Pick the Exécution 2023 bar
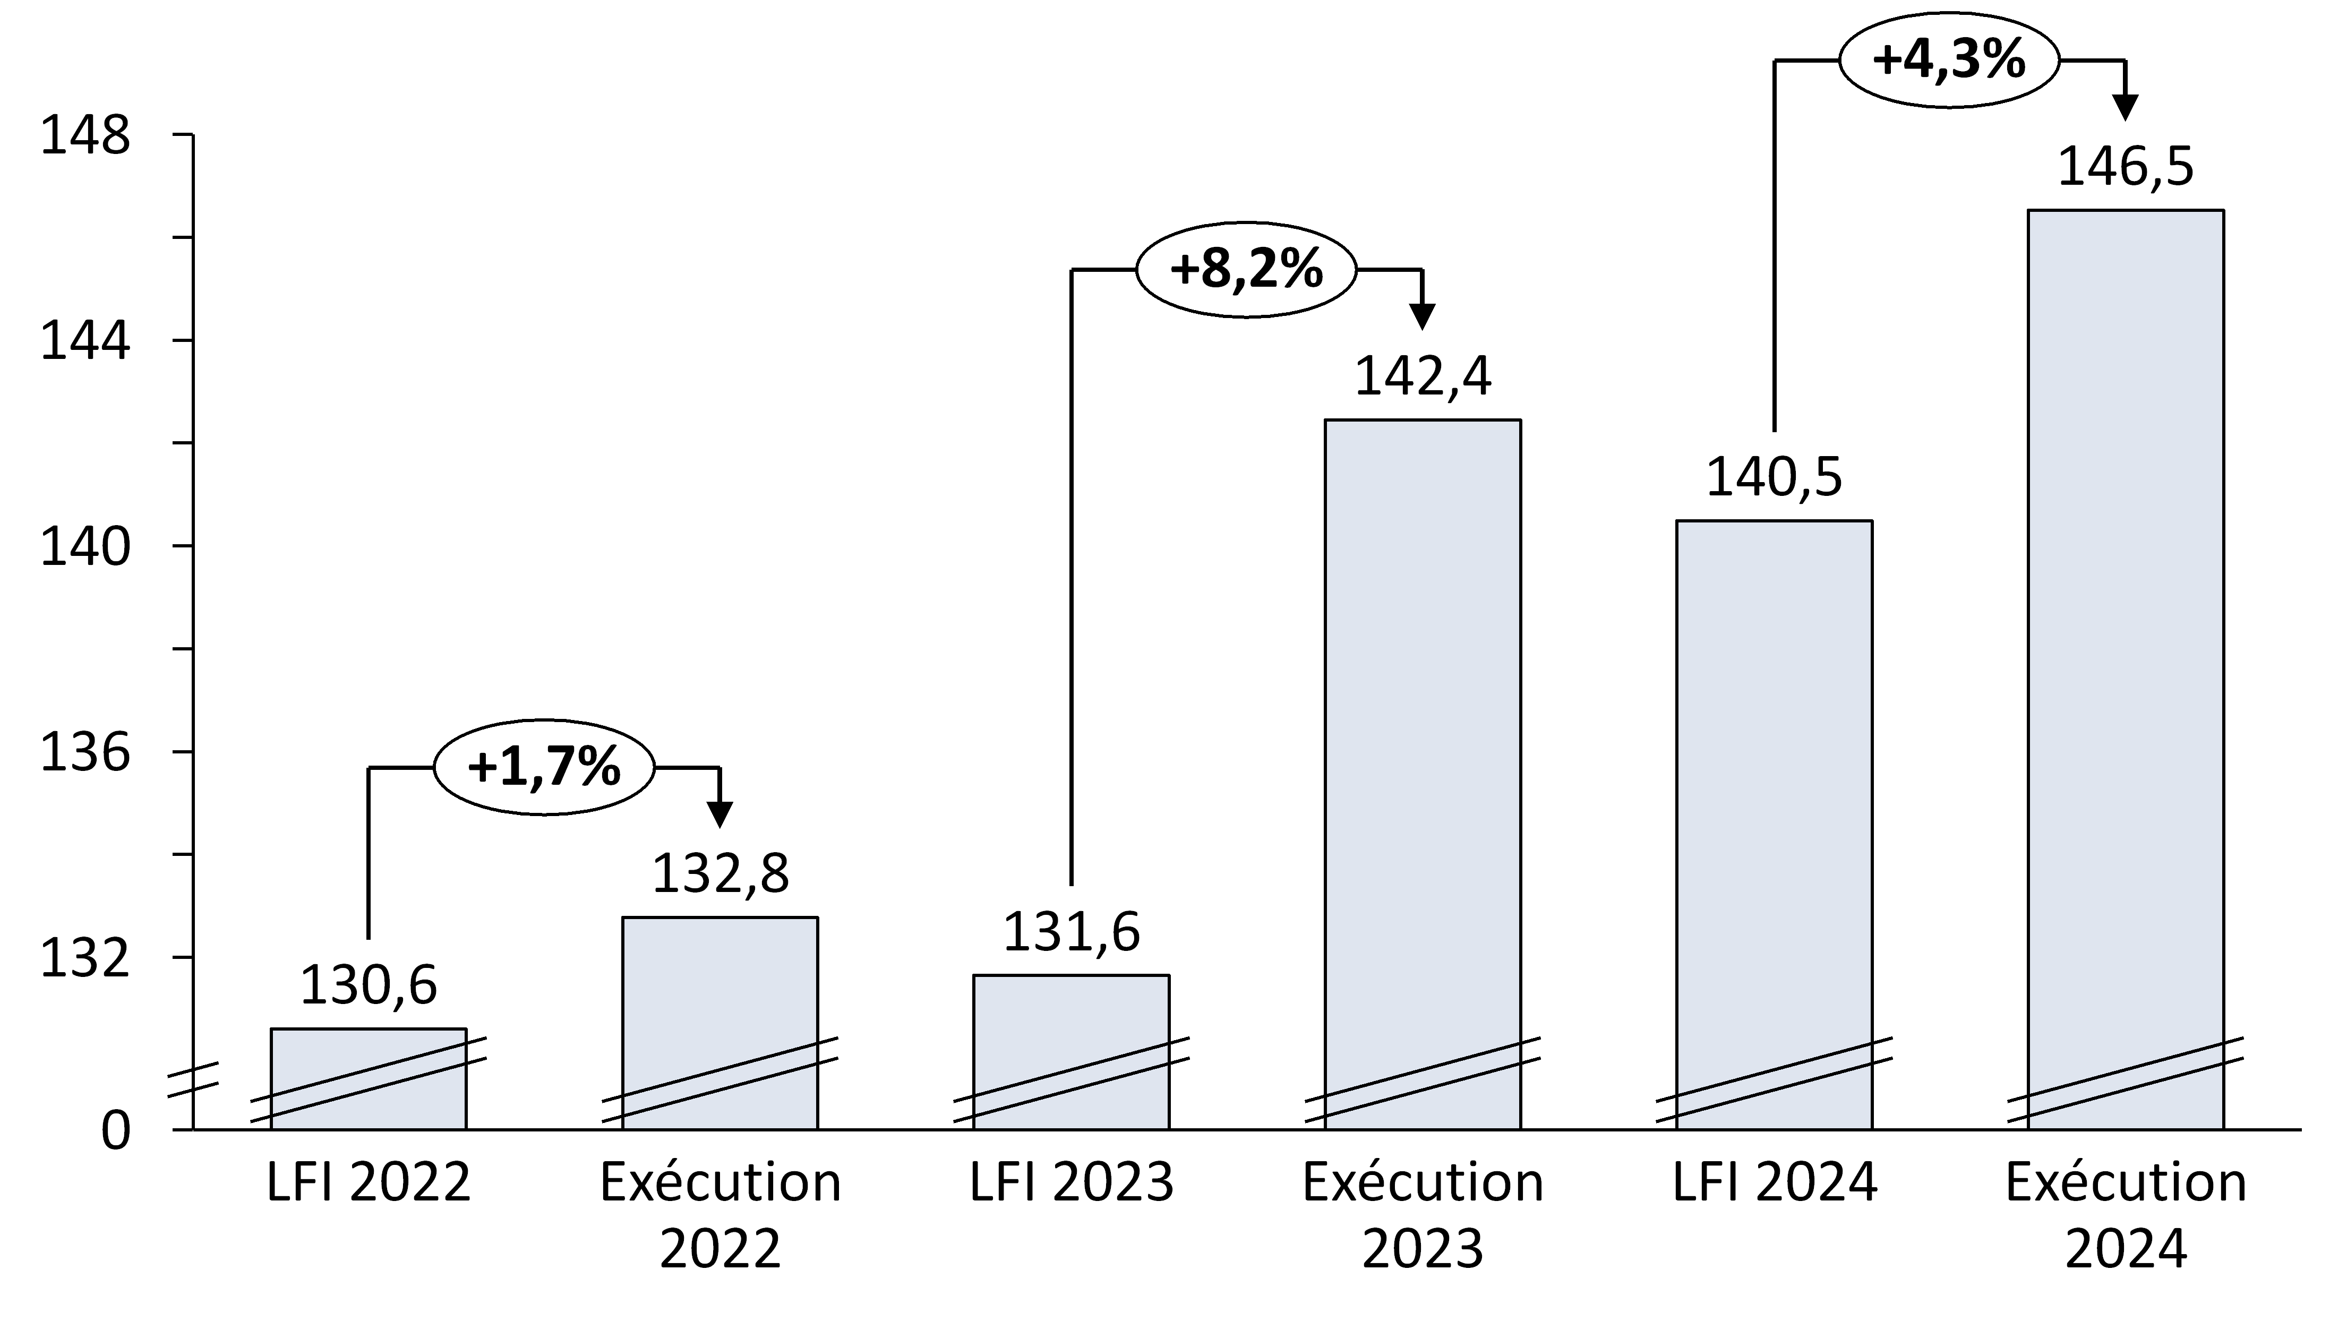1423,771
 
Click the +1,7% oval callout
544,768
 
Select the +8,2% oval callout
1247,270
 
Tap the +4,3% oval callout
1949,60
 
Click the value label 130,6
369,985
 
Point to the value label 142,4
1423,376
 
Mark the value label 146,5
2125,168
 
